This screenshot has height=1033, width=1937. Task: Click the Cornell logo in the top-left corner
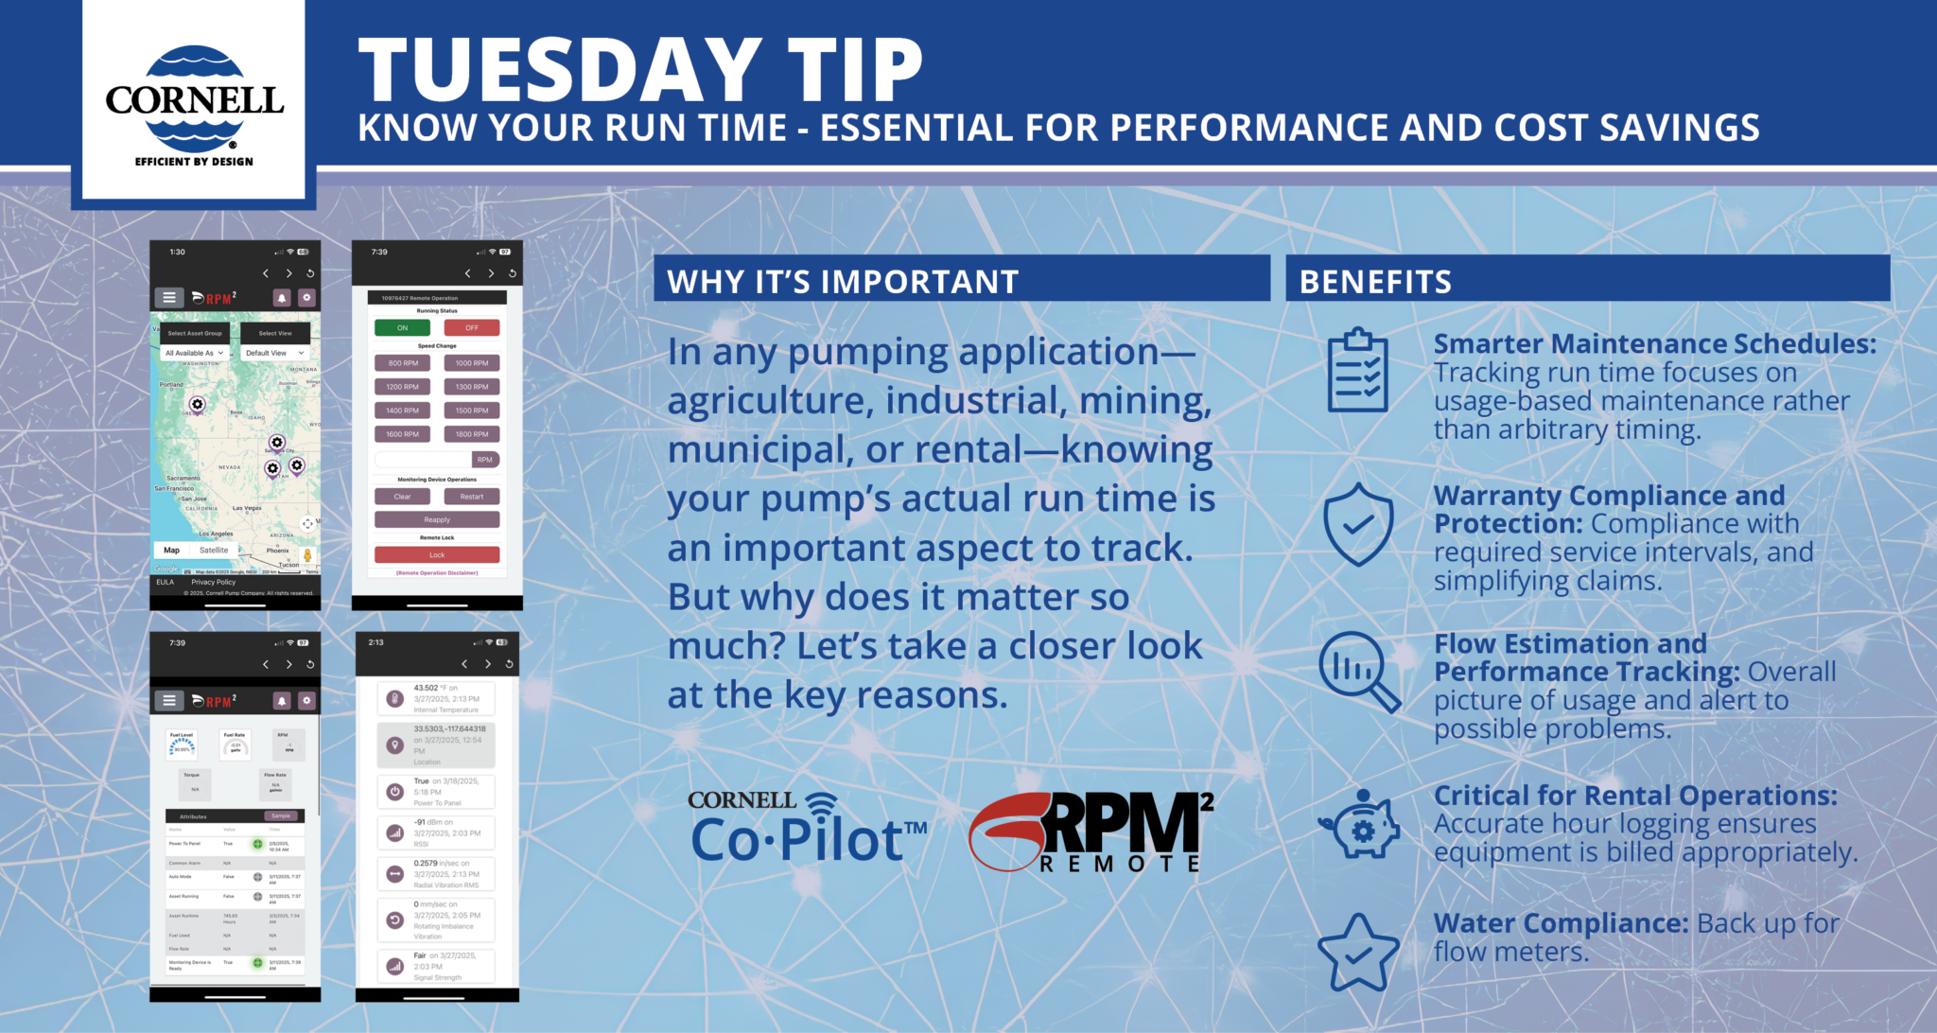(194, 102)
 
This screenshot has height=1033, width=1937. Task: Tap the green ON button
(402, 328)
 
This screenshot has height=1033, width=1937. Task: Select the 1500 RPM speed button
(471, 411)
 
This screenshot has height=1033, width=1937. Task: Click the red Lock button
(436, 555)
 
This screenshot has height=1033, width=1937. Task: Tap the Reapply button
(436, 519)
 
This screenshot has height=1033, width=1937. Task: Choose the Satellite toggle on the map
(214, 550)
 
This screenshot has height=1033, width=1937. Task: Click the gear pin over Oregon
(197, 405)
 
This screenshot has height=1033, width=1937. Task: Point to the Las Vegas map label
(247, 508)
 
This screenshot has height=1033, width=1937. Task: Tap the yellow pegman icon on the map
(307, 555)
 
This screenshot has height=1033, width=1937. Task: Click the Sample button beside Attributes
(281, 815)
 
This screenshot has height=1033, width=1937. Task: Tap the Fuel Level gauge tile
(181, 744)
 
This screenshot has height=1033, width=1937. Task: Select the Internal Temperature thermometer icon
(395, 699)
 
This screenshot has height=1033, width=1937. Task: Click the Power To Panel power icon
(395, 792)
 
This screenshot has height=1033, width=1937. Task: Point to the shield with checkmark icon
(1358, 524)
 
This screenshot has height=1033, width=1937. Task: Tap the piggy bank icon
(1360, 825)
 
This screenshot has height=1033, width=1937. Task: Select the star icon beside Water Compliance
(1358, 953)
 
